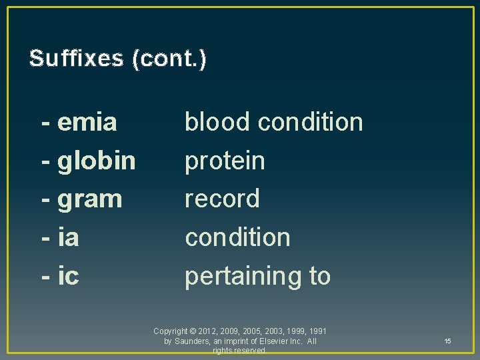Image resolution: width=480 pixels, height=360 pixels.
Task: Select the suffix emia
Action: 87,122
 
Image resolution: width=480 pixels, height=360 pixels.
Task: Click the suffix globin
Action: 97,160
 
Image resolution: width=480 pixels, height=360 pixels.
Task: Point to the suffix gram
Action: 90,199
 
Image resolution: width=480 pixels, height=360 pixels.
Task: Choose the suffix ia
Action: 69,237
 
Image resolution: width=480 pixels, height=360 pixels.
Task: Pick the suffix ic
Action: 69,275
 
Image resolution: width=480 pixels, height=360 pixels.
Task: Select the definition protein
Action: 225,160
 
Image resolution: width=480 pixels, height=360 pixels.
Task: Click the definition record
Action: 222,199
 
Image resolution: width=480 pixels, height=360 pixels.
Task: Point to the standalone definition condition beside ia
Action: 237,237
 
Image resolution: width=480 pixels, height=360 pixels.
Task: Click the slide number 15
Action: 447,341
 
